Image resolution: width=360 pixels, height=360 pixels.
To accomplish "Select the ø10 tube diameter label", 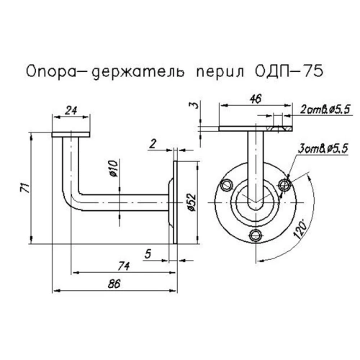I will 114,170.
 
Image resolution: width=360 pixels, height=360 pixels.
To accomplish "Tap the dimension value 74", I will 123,266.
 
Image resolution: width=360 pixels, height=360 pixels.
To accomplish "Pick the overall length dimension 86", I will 113,284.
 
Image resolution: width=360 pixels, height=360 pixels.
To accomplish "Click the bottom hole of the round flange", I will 253,234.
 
